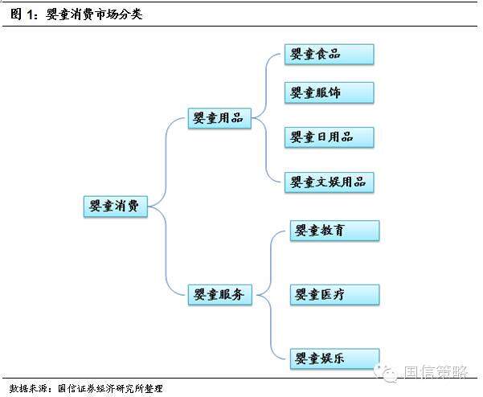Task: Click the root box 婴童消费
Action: (x=115, y=207)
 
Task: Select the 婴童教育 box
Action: (x=332, y=231)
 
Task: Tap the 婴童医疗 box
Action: (x=332, y=295)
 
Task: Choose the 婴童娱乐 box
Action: (x=332, y=358)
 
